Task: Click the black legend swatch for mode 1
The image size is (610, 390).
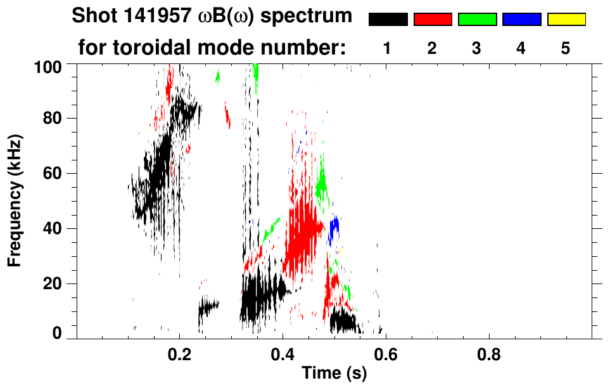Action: (x=388, y=20)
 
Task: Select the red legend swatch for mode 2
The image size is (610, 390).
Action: (x=433, y=20)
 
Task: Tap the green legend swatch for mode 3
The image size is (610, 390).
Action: (x=477, y=20)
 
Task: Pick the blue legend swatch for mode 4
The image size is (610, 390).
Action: (x=521, y=20)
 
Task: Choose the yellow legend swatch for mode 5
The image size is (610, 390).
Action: (x=566, y=20)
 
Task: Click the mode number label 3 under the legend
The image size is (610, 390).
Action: (x=476, y=49)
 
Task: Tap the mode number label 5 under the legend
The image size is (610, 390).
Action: (x=566, y=49)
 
